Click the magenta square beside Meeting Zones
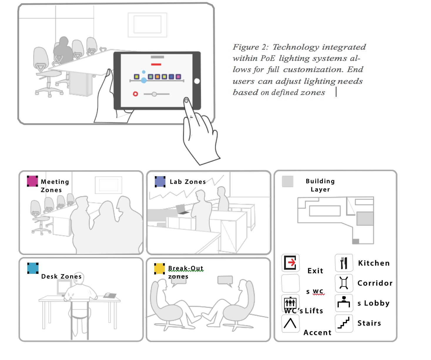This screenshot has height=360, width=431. click(32, 181)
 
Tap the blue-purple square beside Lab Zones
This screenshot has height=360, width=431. click(160, 181)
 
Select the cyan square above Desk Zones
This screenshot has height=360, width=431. click(33, 268)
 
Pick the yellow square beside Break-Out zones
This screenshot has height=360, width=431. click(160, 269)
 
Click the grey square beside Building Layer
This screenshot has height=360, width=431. click(288, 181)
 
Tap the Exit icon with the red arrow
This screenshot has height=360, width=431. click(291, 263)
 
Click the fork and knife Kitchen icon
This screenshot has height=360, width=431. click(344, 263)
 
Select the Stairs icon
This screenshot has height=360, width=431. click(344, 323)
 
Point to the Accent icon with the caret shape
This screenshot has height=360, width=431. click(290, 323)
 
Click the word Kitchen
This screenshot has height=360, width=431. click(374, 263)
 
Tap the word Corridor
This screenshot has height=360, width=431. click(375, 283)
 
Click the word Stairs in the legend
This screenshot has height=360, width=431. click(369, 323)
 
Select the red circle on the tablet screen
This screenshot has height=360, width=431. click(135, 94)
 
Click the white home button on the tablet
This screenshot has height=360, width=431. click(197, 81)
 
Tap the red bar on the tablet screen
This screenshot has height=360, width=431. click(156, 64)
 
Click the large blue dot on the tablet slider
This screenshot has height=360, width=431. click(144, 80)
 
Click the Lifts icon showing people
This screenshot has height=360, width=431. click(290, 302)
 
